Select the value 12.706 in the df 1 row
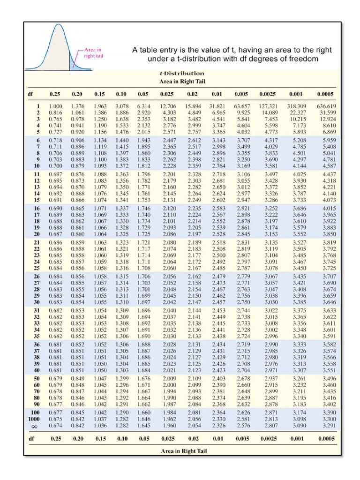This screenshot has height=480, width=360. pos(168,106)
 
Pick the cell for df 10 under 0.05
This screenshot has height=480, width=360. pos(143,165)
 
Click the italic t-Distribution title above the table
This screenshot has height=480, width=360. pos(182,73)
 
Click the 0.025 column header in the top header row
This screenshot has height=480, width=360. pos(167,94)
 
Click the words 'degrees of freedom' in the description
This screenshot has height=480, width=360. pos(289,59)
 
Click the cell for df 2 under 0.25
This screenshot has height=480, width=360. pos(56,112)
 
